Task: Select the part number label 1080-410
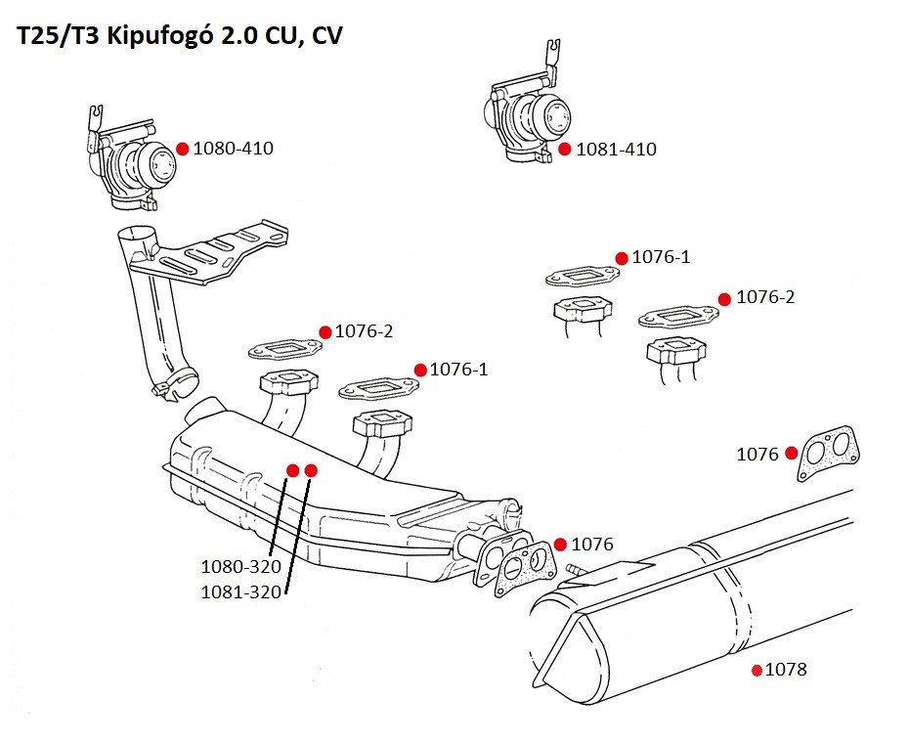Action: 233,150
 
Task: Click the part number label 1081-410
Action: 616,150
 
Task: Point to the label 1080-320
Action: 240,566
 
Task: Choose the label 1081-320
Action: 240,591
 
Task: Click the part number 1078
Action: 786,670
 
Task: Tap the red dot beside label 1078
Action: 757,671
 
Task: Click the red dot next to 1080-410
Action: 182,149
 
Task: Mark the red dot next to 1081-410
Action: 564,150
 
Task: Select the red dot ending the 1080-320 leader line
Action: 292,470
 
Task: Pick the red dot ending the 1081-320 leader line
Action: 311,470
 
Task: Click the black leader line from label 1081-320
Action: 299,533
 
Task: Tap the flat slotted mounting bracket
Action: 210,253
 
